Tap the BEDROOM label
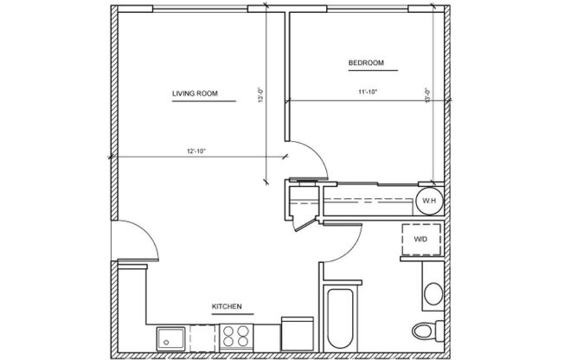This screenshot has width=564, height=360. (x=366, y=63)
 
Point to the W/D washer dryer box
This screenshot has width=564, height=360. (x=421, y=239)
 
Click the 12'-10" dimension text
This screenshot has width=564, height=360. (x=195, y=151)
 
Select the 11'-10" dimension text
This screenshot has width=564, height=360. (x=368, y=91)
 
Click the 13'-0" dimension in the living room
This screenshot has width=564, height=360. (x=260, y=94)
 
